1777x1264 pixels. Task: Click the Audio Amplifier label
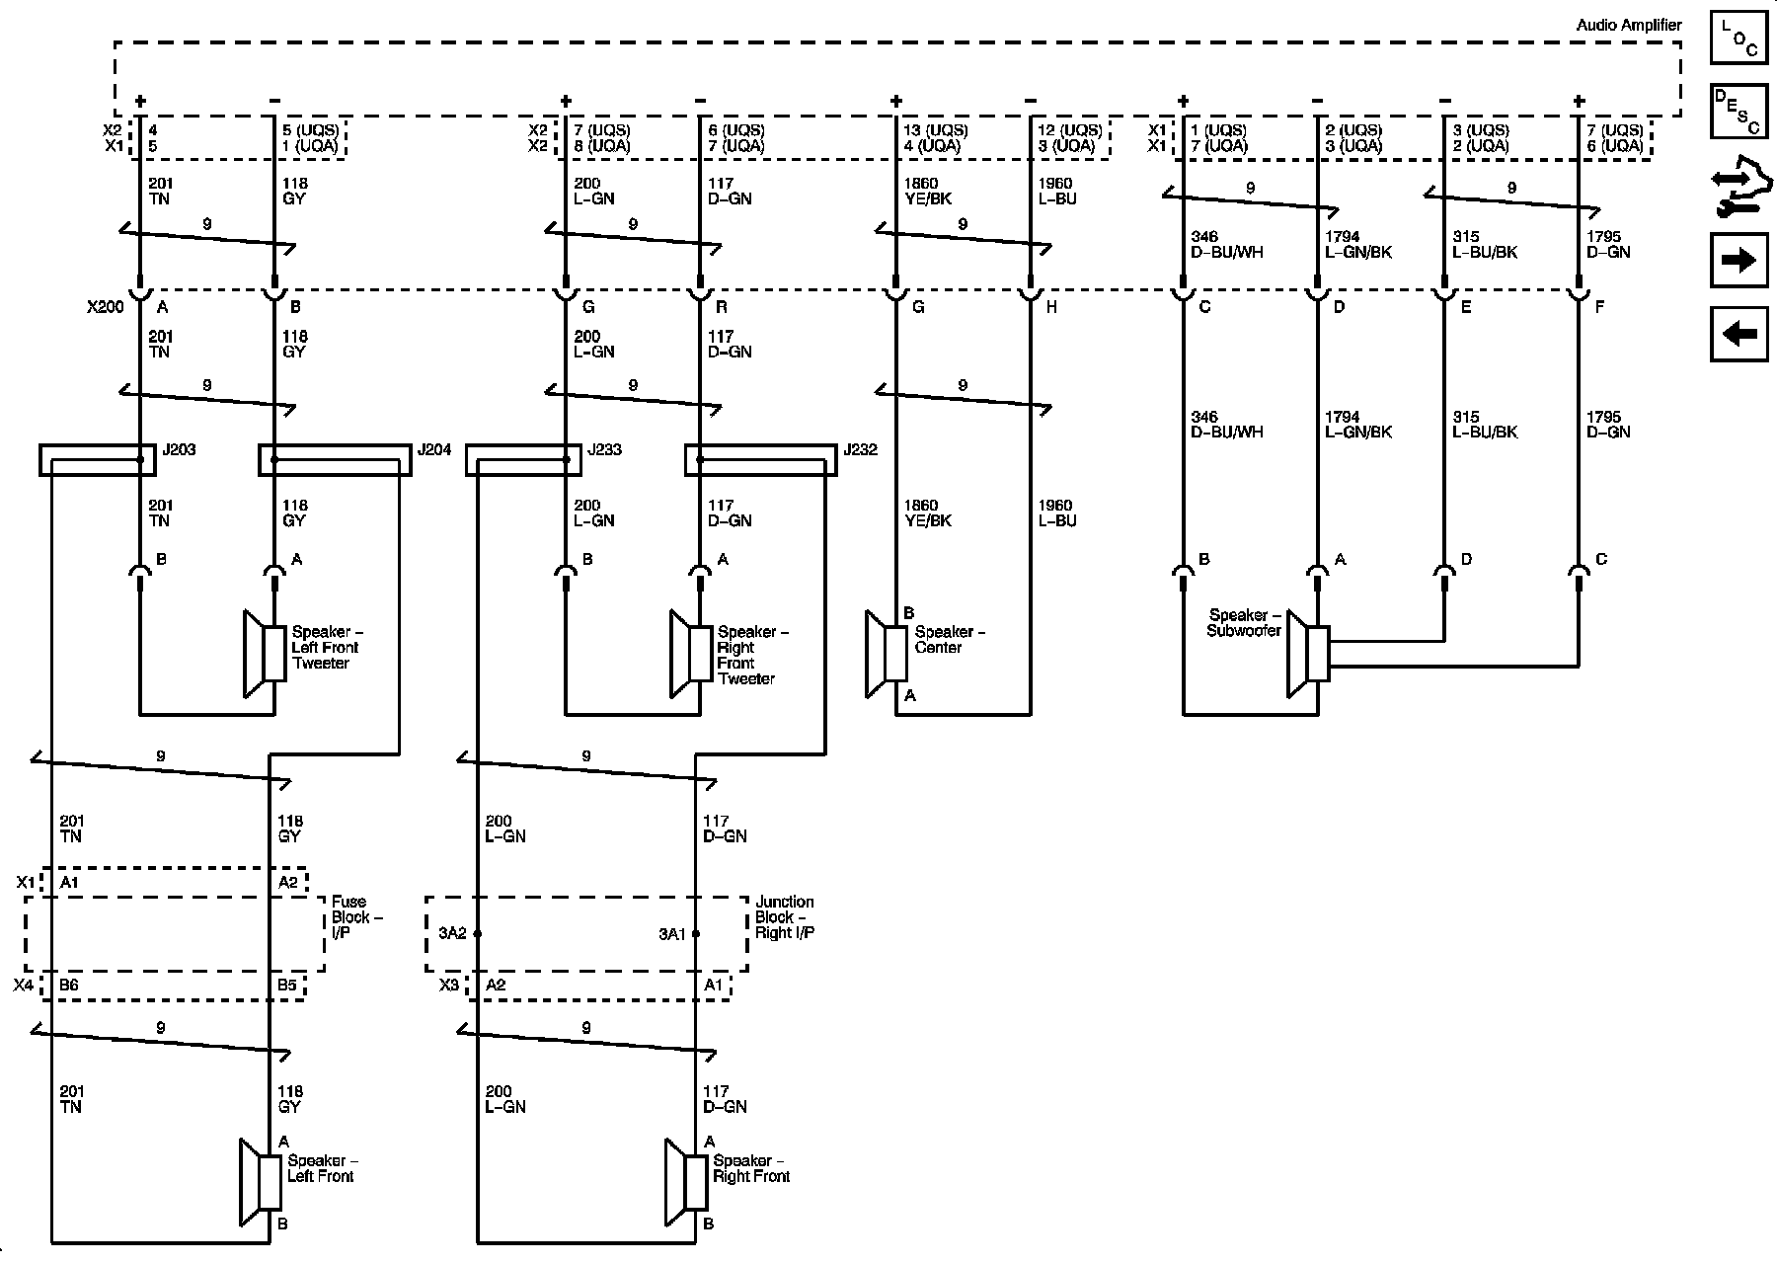1629,25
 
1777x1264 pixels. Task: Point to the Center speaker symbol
886,654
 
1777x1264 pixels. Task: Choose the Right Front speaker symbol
687,1182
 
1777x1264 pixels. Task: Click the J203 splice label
178,450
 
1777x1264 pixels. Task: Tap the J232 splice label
861,450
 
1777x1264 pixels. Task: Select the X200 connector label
106,307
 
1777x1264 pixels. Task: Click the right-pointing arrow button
1738,260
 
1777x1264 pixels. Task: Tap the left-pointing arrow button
1738,334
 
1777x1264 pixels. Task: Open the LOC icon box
1738,38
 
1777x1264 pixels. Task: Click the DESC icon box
1738,112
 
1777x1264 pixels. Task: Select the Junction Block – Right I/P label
785,917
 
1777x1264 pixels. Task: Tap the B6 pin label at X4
69,985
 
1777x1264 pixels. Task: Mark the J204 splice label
434,450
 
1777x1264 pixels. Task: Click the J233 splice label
605,450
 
